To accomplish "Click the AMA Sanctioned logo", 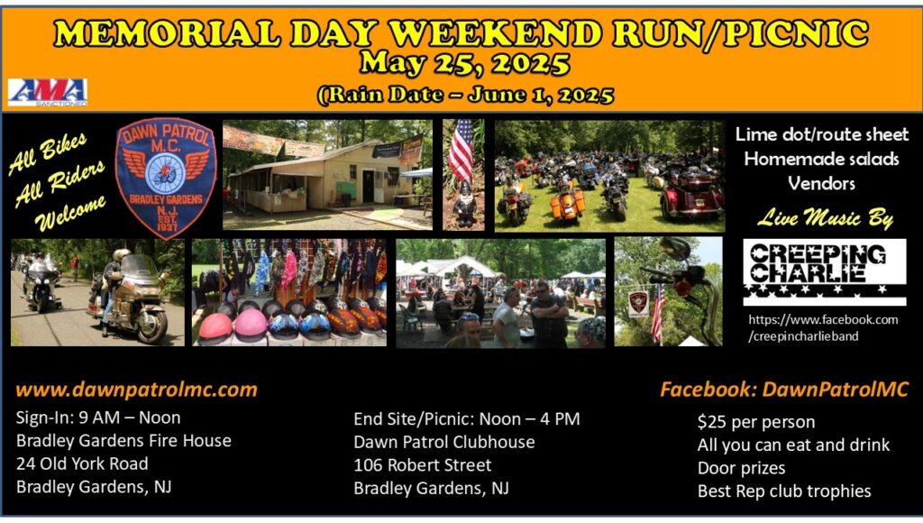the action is coord(48,93).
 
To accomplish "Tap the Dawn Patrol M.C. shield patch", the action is coord(166,179).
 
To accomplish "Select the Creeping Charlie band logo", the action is coord(824,272).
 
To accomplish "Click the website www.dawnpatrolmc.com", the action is coord(137,390).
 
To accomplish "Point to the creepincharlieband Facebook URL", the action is coord(823,328).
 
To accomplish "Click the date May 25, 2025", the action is coord(464,63).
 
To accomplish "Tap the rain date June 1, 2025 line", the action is coord(466,95).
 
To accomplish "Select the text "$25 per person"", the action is coord(756,422).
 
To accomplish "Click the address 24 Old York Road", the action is coord(82,464).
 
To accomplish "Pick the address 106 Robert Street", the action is coord(422,465).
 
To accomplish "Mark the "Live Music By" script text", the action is coord(825,218).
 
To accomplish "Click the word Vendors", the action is coord(821,184).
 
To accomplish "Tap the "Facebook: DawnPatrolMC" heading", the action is coord(784,390).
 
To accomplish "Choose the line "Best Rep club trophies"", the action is coord(784,491).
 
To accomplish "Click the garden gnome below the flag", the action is coord(466,203).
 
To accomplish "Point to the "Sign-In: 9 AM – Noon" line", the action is coord(98,417).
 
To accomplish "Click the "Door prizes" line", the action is coord(741,468).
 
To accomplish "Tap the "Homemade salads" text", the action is coord(821,159).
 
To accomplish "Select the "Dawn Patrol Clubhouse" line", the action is coord(443,443).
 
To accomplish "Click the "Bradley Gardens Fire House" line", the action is coord(123,441).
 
